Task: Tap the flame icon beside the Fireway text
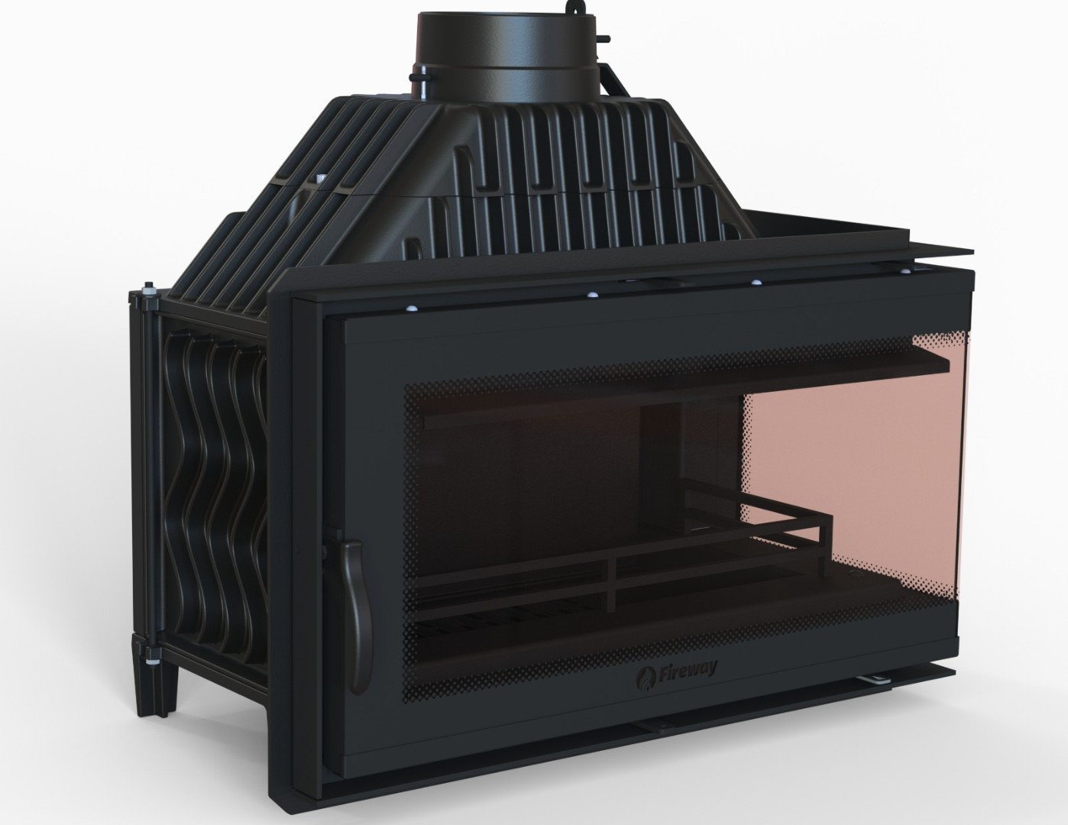(644, 678)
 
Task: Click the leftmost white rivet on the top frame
(411, 308)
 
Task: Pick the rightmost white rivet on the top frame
(905, 270)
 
